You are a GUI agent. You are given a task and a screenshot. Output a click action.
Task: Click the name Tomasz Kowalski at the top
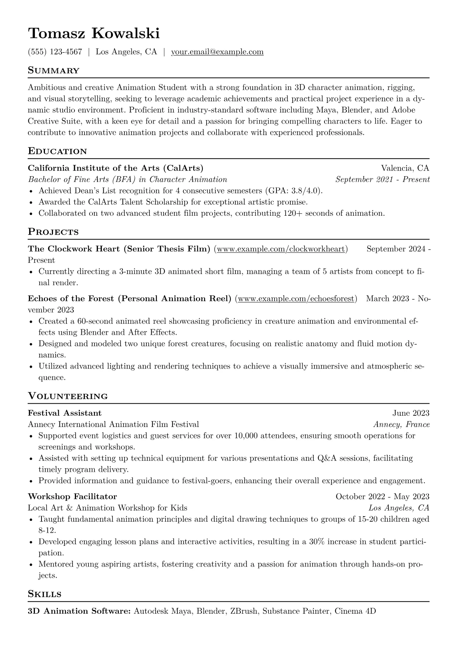[x=94, y=34]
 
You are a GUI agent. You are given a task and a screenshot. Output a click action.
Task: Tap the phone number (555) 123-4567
[x=55, y=52]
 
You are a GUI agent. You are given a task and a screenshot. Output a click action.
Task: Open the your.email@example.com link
[x=217, y=52]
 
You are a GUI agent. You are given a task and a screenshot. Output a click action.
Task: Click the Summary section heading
[x=53, y=71]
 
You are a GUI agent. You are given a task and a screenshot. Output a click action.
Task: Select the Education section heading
[x=57, y=151]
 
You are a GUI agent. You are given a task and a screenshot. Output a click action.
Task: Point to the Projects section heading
[x=53, y=232]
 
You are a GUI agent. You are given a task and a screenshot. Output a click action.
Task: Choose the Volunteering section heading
[x=68, y=396]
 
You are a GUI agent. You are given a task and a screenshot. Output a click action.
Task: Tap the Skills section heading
[x=45, y=594]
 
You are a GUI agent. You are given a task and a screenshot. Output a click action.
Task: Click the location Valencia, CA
[x=405, y=168]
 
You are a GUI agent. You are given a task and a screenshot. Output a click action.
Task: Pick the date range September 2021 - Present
[x=382, y=179]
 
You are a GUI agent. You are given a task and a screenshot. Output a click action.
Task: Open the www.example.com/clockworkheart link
[x=281, y=249]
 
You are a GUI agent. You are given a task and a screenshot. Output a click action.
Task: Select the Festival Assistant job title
[x=65, y=413]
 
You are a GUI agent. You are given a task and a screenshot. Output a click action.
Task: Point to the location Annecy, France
[x=401, y=425]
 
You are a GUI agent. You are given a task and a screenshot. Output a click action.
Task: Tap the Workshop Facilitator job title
[x=72, y=497]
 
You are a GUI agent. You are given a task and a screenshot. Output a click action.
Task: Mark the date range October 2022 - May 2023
[x=382, y=497]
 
